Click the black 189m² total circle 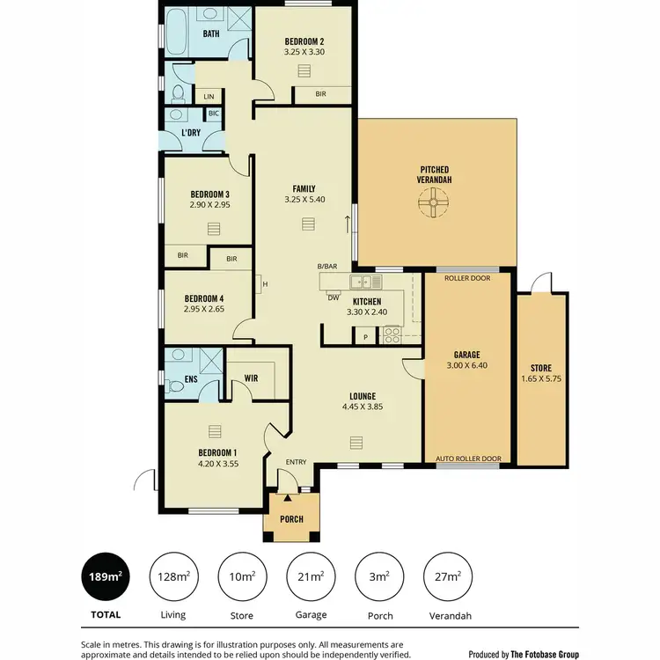point(103,577)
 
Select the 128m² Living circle point(172,577)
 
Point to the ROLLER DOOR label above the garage point(466,278)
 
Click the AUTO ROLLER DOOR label point(468,458)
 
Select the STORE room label point(541,368)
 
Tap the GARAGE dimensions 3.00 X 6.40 point(466,364)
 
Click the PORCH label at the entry point(291,519)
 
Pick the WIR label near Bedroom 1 point(251,379)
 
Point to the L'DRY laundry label point(191,132)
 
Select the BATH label point(211,34)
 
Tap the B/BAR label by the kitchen point(327,267)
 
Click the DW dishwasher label point(334,297)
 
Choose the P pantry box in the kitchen point(364,335)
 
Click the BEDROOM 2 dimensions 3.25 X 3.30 point(304,52)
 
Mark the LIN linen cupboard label point(209,96)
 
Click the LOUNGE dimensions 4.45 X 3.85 point(364,407)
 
